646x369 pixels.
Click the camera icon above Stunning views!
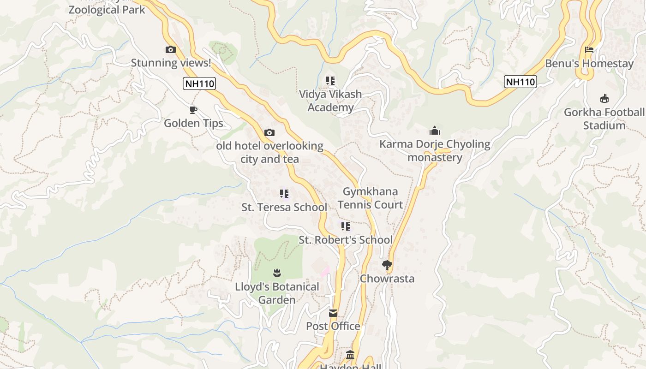[x=171, y=49]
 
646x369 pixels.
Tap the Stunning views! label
[x=171, y=63]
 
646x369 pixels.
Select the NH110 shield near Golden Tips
[x=199, y=83]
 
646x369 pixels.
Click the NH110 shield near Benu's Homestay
[x=520, y=82]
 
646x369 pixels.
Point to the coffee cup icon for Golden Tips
[x=193, y=110]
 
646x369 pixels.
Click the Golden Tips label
[x=193, y=123]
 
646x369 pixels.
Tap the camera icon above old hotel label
[x=269, y=133]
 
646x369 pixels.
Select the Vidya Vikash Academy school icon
[x=330, y=81]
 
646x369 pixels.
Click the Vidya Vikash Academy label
[x=330, y=101]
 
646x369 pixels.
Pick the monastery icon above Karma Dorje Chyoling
[x=435, y=131]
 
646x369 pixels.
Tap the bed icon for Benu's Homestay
[x=589, y=50]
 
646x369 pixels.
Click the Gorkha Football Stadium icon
[x=604, y=98]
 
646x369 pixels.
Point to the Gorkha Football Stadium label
[x=604, y=119]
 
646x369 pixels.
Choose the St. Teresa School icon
[x=284, y=194]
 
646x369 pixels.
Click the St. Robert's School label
[x=346, y=240]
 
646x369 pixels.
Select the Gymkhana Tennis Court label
[x=370, y=198]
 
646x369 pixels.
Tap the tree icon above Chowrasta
[x=387, y=265]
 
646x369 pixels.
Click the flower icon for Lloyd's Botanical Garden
[x=277, y=273]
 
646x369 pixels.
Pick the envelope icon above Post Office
[x=333, y=313]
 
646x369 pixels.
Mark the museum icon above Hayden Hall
[x=350, y=355]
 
